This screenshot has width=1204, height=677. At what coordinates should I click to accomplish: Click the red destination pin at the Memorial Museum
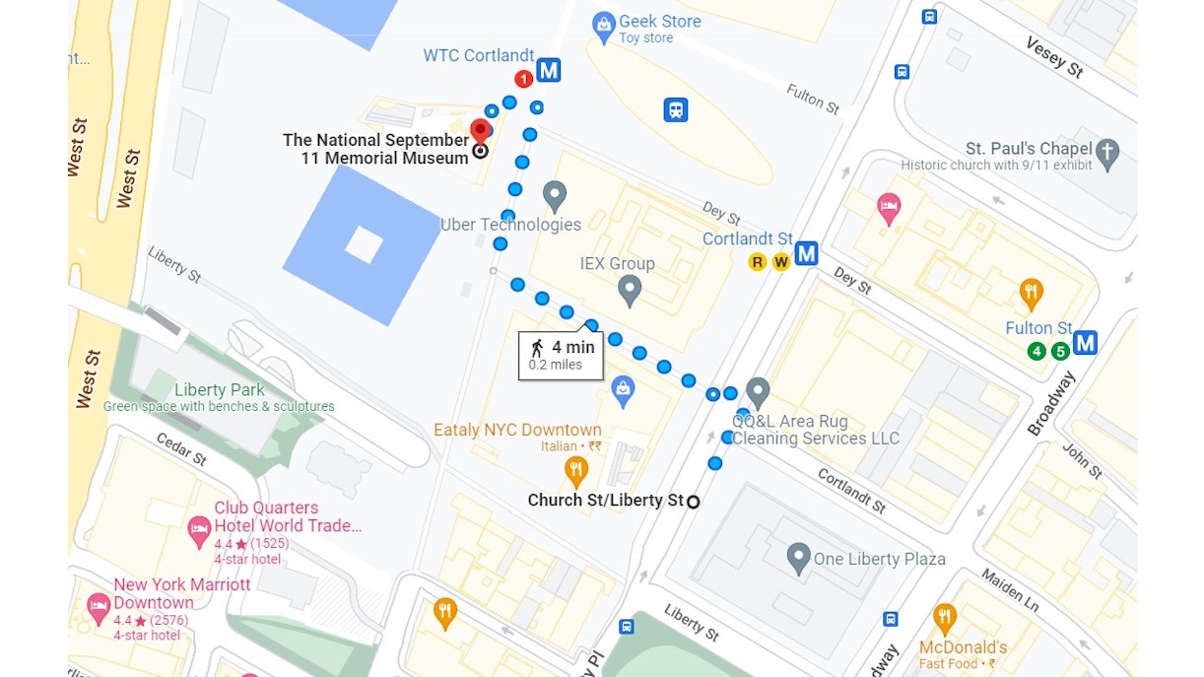coord(481,131)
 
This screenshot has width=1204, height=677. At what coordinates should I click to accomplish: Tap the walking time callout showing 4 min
coord(561,355)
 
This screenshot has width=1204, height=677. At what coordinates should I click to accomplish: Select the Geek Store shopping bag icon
coord(604,28)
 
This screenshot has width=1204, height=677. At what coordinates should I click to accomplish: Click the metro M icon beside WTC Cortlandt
coord(549,70)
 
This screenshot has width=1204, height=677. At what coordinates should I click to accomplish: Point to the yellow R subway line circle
coord(757,261)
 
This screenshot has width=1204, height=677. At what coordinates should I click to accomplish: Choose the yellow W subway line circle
coord(780,261)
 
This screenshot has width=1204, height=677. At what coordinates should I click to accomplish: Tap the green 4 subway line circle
coord(1037,351)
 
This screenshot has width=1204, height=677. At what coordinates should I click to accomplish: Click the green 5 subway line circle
coord(1060,351)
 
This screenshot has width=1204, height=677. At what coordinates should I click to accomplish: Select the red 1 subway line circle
coord(524,79)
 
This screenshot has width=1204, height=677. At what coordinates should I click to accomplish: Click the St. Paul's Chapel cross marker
coord(1108,154)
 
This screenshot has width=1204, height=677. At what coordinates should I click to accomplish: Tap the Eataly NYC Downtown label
coord(517,431)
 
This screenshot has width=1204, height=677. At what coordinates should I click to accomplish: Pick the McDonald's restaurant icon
coord(944,619)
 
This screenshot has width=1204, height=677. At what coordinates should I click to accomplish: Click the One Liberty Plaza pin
coord(799,557)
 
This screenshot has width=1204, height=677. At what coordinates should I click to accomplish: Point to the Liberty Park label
coord(220,390)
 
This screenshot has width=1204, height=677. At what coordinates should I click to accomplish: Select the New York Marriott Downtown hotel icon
coord(98,607)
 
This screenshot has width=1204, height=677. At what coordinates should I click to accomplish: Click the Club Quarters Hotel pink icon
coord(199,531)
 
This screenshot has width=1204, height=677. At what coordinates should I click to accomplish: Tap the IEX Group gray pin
coord(629,290)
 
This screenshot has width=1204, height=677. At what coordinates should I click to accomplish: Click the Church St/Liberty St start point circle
coord(693,502)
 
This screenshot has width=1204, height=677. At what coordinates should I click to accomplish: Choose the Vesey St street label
coord(1053,57)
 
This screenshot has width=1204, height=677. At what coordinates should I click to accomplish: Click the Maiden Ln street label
coord(1009,589)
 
